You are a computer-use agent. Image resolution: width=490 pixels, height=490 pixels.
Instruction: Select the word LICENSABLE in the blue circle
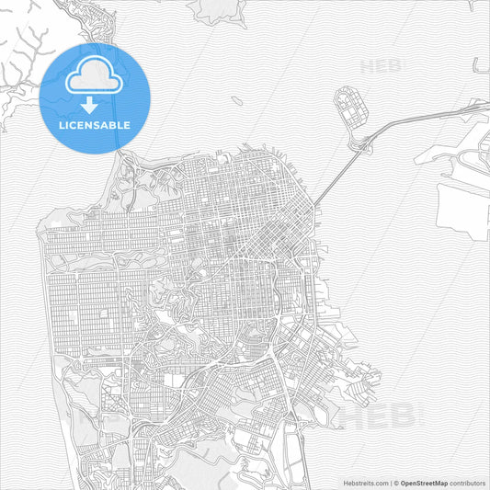coord(95,124)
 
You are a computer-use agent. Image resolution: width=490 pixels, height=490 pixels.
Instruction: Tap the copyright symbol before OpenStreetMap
coord(396,481)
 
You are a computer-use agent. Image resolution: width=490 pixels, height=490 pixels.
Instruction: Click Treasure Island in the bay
coord(348,108)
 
